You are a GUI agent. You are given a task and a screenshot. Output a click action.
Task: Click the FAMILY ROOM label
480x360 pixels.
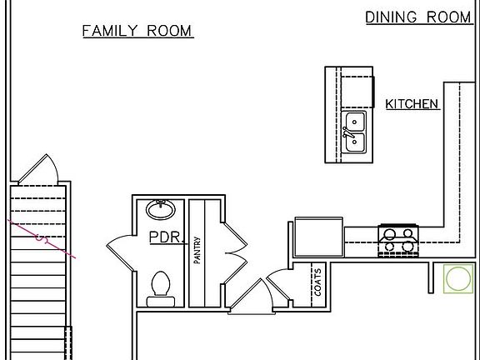tap(137, 32)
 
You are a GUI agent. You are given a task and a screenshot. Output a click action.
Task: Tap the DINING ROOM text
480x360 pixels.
tap(418, 17)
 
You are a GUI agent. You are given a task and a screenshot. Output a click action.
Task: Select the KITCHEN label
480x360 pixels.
tap(412, 104)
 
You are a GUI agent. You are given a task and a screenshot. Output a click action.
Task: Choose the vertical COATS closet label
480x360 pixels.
tap(317, 282)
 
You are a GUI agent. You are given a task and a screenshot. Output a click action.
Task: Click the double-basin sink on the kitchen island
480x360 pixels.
tap(355, 133)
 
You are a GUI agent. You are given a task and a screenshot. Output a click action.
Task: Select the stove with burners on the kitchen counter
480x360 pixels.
tap(398, 240)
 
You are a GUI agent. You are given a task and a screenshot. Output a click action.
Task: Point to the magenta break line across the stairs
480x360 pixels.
tap(42, 240)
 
